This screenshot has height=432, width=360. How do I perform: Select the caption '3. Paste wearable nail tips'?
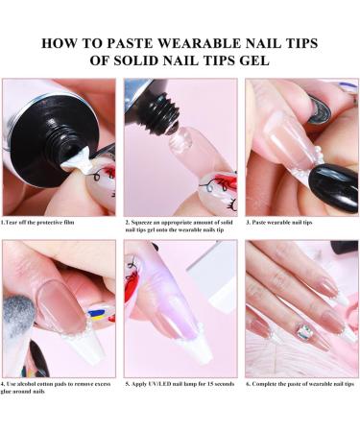277,223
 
